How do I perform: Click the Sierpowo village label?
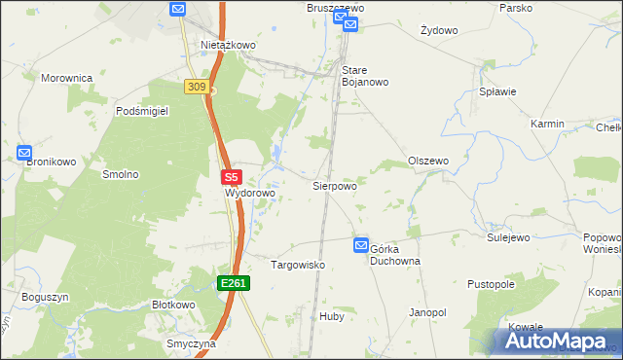334,185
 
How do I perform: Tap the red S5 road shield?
231,178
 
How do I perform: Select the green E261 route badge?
234,283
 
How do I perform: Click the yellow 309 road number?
196,88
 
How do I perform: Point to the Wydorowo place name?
250,194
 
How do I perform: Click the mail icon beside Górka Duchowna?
361,247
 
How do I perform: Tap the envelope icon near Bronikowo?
24,154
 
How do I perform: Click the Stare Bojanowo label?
365,76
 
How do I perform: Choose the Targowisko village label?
297,265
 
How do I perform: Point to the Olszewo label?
428,161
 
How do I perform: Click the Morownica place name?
66,77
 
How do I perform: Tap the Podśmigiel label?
142,112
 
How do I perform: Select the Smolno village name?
121,175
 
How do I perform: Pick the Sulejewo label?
507,236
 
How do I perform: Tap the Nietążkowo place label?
228,45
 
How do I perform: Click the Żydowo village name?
439,30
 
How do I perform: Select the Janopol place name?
427,313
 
